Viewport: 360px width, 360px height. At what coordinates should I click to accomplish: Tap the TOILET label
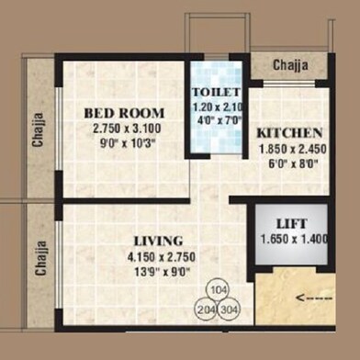point(217,93)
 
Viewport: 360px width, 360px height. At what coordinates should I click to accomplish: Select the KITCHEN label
point(288,132)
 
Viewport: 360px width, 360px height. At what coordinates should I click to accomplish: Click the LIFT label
point(291,223)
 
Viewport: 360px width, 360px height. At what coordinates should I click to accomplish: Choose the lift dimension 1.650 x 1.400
point(291,239)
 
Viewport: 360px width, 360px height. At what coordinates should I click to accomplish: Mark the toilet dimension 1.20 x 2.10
point(217,107)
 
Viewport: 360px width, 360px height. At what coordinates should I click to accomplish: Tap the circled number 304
point(229,309)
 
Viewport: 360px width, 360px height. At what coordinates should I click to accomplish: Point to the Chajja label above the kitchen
point(288,65)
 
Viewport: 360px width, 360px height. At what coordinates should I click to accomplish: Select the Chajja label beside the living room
point(39,257)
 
